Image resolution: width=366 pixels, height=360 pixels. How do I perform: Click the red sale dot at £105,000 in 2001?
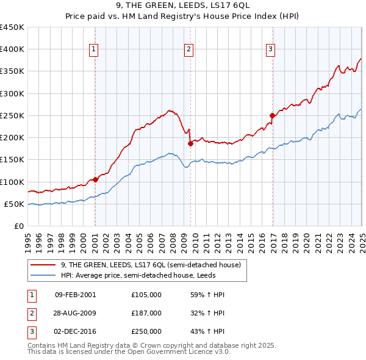click(96, 179)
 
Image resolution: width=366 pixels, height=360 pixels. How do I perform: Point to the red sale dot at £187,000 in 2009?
click(190, 143)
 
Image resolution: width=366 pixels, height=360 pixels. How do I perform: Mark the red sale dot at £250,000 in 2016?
click(272, 115)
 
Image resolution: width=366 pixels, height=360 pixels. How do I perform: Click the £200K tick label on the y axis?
click(12, 138)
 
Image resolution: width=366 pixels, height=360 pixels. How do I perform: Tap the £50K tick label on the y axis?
click(13, 204)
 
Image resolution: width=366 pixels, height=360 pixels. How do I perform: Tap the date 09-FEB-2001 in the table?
click(75, 295)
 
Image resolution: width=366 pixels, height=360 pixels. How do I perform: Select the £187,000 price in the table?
click(146, 313)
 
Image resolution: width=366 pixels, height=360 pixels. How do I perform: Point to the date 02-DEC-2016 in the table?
click(75, 331)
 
